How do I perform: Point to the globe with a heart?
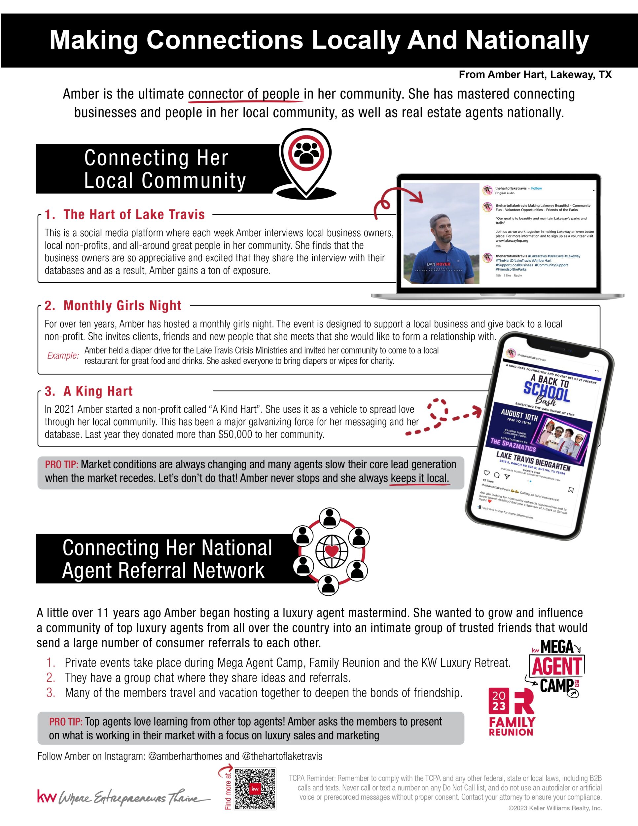coord(332,551)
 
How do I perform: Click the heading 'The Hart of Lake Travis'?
coord(125,214)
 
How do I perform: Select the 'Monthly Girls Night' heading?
coord(113,306)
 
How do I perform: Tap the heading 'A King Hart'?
coord(89,391)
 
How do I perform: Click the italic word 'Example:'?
coord(63,356)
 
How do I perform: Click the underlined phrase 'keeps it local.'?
coord(419,478)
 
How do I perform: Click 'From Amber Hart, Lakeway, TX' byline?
coord(535,75)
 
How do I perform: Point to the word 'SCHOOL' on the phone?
coord(546,392)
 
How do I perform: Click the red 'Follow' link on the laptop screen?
coord(536,188)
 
